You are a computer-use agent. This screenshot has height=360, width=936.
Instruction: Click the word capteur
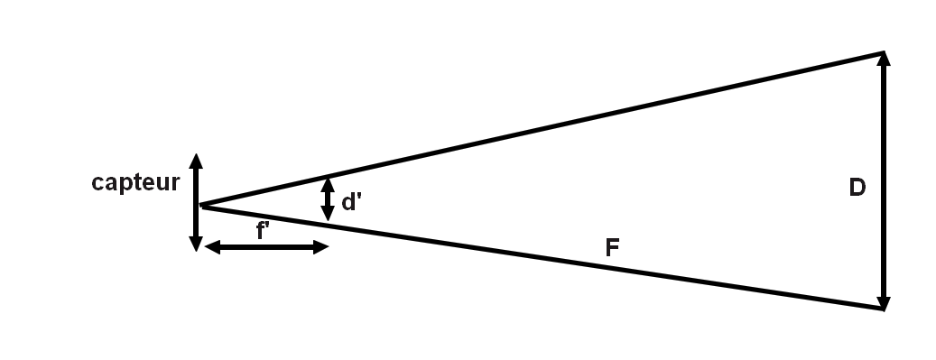coord(136,183)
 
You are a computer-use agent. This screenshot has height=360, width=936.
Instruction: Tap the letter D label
coord(857,188)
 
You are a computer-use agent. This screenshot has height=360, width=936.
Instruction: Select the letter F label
coord(612,246)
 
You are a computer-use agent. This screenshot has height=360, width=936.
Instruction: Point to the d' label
coord(351,202)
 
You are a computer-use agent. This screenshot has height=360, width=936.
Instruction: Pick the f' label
coord(263,231)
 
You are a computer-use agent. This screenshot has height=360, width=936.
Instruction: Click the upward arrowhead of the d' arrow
coord(328,182)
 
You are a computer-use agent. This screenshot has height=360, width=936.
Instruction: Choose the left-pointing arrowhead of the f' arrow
coord(211,246)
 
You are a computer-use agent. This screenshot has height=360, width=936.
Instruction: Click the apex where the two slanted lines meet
coord(202,206)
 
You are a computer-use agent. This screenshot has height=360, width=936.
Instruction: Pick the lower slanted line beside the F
coord(542,257)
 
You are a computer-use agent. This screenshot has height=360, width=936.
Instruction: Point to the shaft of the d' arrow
coord(328,198)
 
